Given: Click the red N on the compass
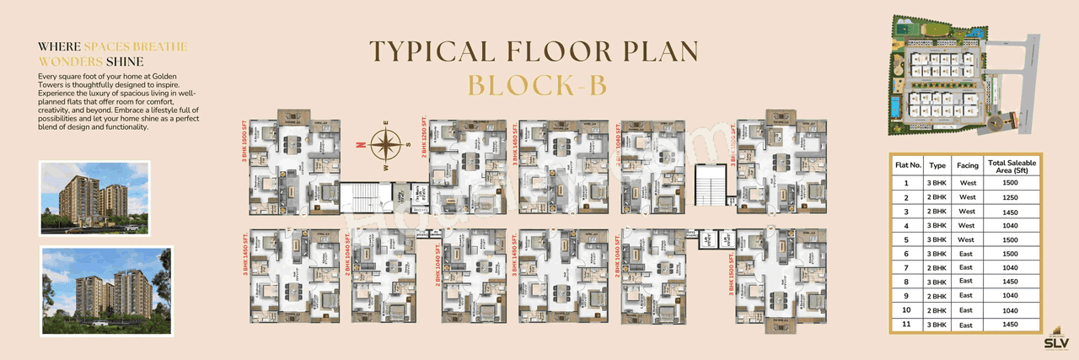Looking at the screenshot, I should (360, 145).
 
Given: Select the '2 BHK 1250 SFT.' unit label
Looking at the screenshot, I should (423, 142).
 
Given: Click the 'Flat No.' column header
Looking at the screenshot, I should (907, 164).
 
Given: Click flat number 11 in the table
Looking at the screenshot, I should (906, 325).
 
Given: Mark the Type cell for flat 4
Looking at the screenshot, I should (937, 224).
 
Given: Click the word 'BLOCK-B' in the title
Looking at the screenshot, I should (535, 86).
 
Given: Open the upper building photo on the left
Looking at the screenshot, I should (94, 197).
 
